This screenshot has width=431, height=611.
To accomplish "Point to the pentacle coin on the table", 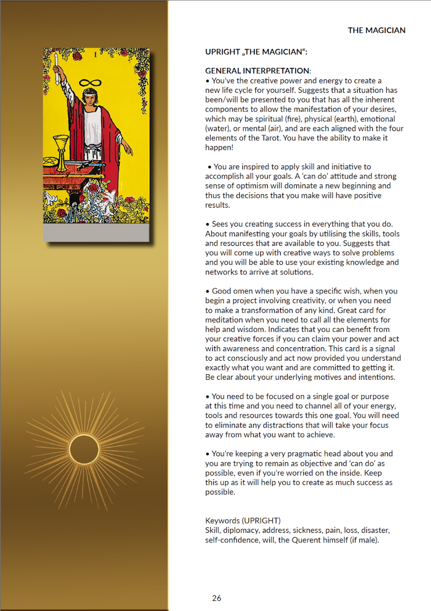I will [50, 161].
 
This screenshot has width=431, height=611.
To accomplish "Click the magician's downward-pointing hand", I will [128, 146].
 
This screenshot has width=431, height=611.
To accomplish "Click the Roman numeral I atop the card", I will [96, 54].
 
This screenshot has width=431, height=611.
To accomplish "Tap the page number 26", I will [217, 598].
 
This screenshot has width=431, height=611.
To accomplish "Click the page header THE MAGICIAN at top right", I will [377, 30].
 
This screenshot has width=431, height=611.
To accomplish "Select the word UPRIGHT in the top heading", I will [223, 52].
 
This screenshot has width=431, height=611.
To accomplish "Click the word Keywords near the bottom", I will [223, 521].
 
